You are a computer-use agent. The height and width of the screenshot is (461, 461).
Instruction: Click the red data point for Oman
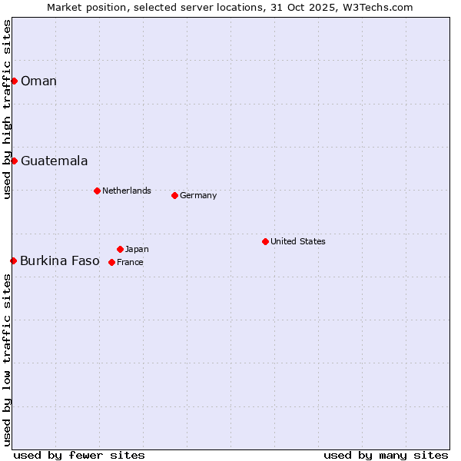click(x=14, y=81)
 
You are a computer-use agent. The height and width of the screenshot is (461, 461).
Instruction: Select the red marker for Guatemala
click(x=14, y=161)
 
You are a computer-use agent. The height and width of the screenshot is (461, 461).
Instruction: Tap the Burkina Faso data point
click(x=13, y=260)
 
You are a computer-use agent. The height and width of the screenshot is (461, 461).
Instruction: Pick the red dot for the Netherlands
click(x=97, y=191)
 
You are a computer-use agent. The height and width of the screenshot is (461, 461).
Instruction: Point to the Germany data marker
click(x=174, y=195)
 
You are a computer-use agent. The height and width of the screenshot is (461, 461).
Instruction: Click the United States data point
click(x=265, y=241)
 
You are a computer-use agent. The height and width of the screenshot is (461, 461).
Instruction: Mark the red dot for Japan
click(x=120, y=249)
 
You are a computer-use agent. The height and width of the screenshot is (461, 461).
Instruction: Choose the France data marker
click(x=111, y=262)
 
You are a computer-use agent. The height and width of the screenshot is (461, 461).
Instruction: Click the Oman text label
click(x=38, y=81)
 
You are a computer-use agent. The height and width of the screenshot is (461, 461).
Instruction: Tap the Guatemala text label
click(x=54, y=161)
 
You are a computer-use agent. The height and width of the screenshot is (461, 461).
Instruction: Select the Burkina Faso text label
click(x=60, y=261)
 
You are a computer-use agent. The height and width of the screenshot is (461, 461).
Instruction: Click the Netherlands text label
click(x=127, y=191)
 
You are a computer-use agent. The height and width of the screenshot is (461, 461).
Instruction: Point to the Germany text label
click(x=198, y=195)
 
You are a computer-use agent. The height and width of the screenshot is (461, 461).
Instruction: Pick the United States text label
click(x=298, y=241)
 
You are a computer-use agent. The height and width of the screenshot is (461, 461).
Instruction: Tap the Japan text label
click(x=137, y=249)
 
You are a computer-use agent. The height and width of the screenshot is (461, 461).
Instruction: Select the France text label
click(x=130, y=262)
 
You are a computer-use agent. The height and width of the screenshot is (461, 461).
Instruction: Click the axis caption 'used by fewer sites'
click(x=79, y=455)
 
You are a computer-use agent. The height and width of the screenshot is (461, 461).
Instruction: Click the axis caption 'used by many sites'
click(x=386, y=455)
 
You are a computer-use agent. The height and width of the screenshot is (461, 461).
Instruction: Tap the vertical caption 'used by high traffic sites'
click(x=7, y=109)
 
